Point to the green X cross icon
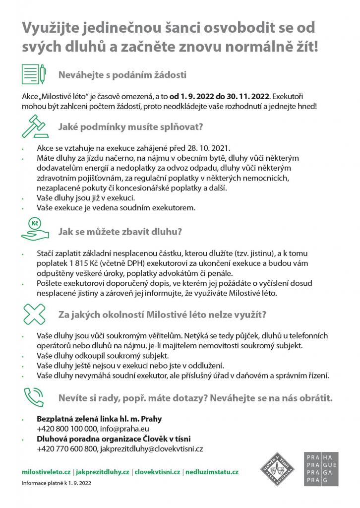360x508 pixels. coord(34,314)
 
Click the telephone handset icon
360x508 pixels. coord(34,397)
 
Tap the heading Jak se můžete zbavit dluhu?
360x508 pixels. coord(120,231)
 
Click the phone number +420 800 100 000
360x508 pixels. coord(66,429)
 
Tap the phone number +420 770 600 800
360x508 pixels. coord(66,449)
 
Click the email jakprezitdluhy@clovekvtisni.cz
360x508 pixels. coord(152,449)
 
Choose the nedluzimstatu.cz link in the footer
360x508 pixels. coord(212,472)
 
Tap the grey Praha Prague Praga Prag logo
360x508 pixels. coord(321,469)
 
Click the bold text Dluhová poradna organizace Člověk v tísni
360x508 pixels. coord(114,439)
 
